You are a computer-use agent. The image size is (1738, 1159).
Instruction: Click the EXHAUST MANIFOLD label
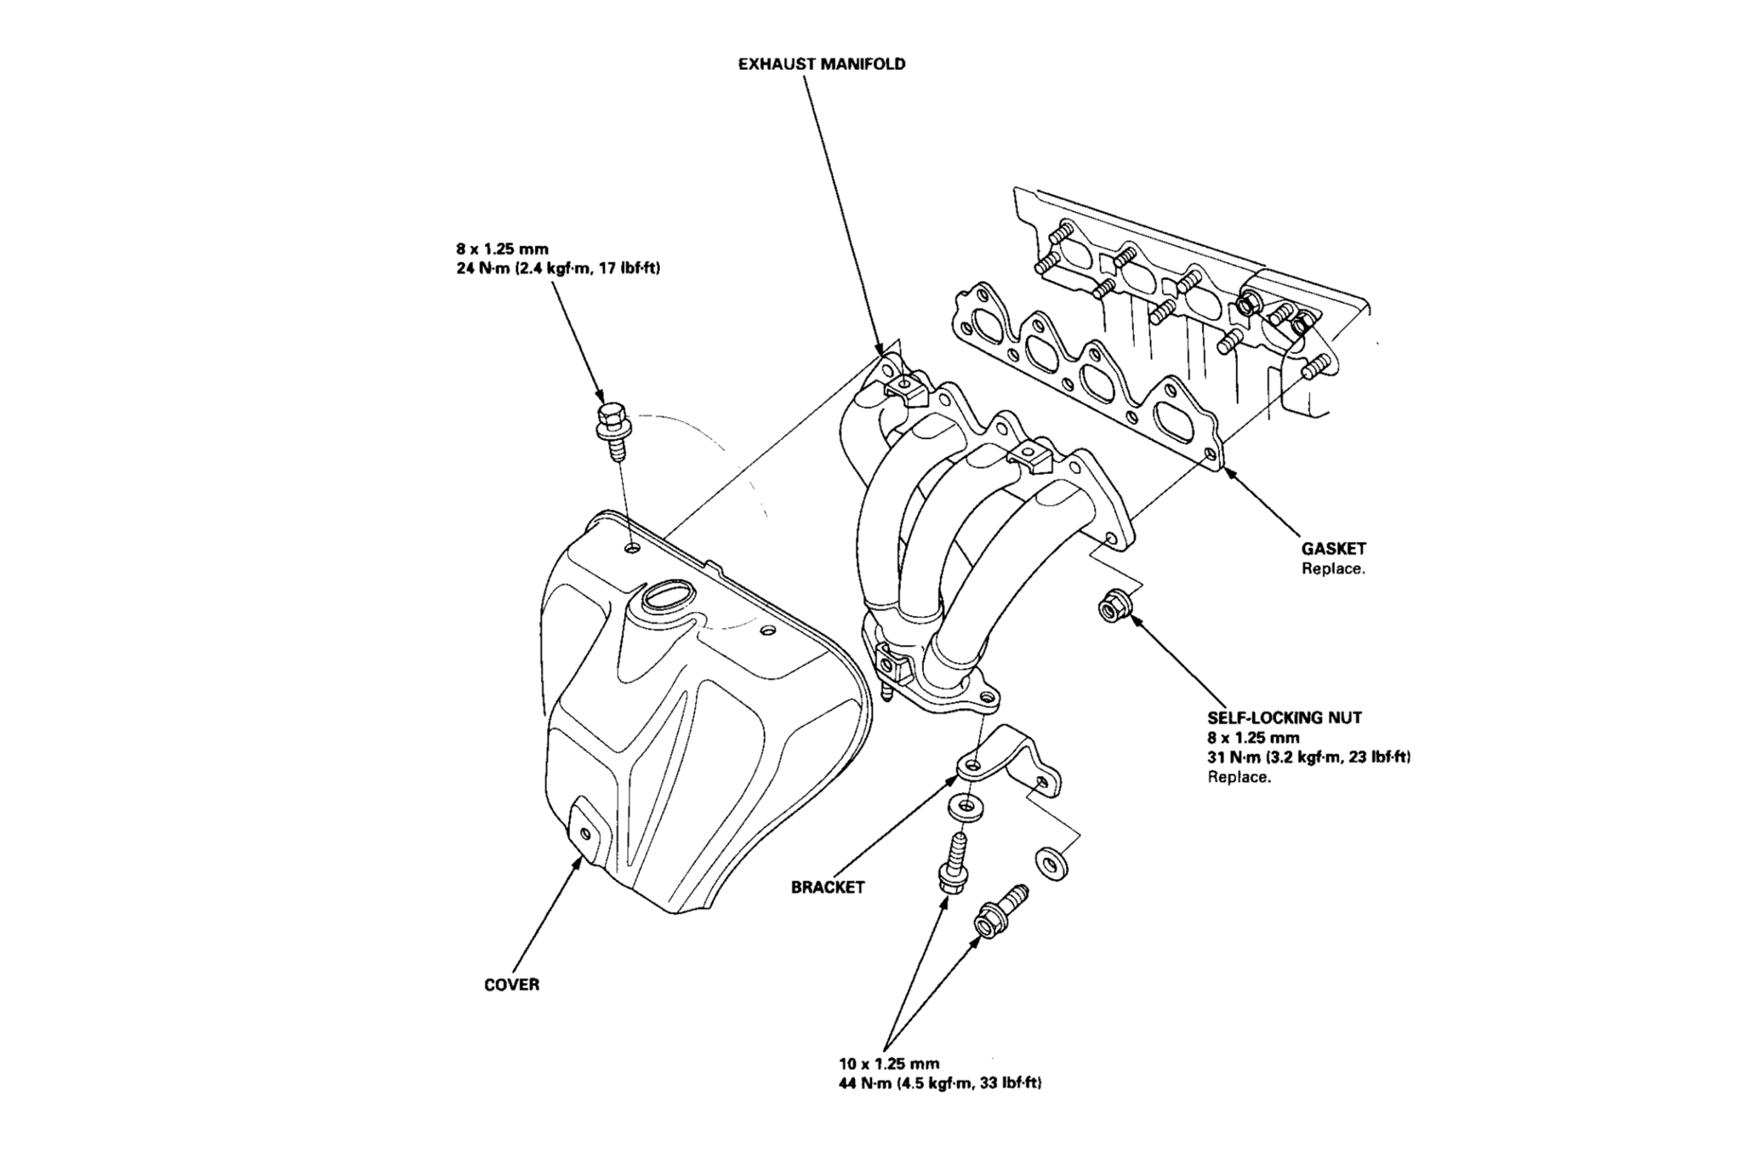tap(821, 65)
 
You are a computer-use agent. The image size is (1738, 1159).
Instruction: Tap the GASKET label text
tap(1334, 549)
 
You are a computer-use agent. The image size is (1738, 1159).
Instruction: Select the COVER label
tap(511, 985)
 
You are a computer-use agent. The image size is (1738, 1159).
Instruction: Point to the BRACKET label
tap(828, 887)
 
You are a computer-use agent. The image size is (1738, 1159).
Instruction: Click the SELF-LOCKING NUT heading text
tap(1284, 717)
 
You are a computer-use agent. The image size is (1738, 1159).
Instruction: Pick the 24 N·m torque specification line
tap(558, 268)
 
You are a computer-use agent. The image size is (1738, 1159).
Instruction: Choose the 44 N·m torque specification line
tap(940, 1084)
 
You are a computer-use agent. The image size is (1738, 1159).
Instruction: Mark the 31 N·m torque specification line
tap(1309, 757)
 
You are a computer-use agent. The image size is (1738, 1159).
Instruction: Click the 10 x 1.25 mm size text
tap(889, 1064)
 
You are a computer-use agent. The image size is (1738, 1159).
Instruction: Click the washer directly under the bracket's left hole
tap(963, 808)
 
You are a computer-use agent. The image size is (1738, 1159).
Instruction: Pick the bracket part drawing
tap(1012, 769)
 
